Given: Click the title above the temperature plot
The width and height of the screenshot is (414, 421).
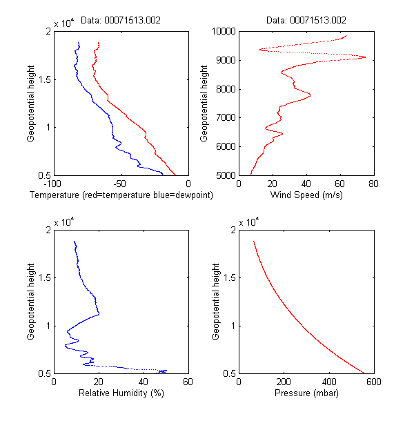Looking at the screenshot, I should pos(121,21).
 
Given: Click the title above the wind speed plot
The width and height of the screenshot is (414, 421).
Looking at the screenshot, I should pos(306,21).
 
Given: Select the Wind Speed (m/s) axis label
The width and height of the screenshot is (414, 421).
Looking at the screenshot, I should pos(306,195).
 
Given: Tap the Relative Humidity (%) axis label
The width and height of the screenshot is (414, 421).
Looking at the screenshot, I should pos(121,394).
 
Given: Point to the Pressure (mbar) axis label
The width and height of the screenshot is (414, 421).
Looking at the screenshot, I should pos(306,394).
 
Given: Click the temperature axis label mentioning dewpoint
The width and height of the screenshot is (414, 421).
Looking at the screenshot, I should pos(121,195).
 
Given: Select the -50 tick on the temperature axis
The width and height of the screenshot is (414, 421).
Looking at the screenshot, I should pos(121,184).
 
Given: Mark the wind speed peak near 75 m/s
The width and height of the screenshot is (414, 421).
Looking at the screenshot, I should pos(365,57).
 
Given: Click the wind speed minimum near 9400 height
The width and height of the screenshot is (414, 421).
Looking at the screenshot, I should pos(259,50).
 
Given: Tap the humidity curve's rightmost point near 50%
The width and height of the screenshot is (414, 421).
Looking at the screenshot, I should pos(166,371).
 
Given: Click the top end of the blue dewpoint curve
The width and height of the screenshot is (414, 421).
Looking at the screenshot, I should pos(79,43).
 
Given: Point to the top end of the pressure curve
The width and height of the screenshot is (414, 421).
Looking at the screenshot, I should pos(254,242).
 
